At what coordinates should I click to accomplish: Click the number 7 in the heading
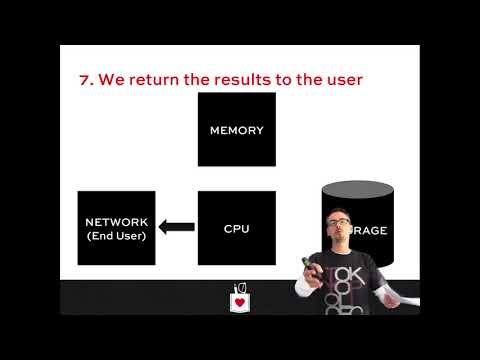[x=84, y=79]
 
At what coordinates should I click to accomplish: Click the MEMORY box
[x=236, y=129]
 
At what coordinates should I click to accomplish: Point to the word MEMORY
[x=236, y=130]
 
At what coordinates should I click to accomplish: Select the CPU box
[x=236, y=228]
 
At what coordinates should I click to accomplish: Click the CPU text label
[x=236, y=229]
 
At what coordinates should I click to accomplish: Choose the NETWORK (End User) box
[x=116, y=228]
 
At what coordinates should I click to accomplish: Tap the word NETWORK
[x=116, y=222]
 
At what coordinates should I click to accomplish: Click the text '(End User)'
[x=116, y=236]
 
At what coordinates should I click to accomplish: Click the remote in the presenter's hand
[x=311, y=267]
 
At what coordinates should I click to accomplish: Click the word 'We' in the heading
[x=111, y=79]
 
